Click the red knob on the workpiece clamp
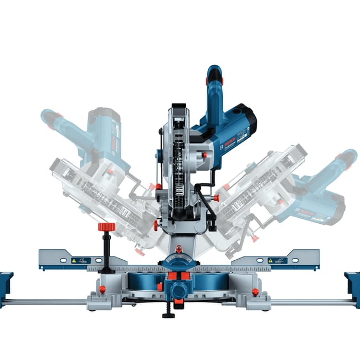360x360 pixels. pyautogui.click(x=106, y=227)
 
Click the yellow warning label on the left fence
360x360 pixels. pyautogui.click(x=73, y=260)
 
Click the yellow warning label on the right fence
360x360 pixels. pyautogui.click(x=270, y=260)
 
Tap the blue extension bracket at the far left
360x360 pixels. pyautogui.click(x=6, y=288)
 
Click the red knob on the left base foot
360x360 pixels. pyautogui.click(x=102, y=290)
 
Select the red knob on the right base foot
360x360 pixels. pyautogui.click(x=255, y=291)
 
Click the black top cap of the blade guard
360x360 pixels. pyautogui.click(x=178, y=106)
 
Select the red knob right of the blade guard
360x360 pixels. pyautogui.click(x=215, y=198)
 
